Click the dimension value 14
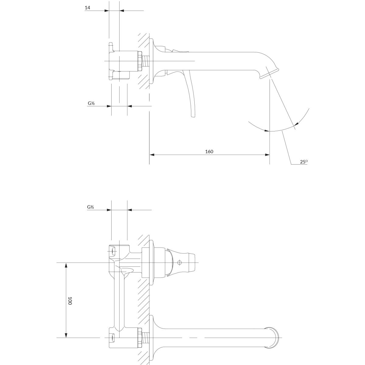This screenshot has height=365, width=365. point(87,8)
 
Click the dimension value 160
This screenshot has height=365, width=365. point(209,151)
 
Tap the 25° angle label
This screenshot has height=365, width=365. point(304,162)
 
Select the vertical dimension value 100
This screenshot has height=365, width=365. point(70,301)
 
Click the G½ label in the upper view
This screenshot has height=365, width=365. point(91,103)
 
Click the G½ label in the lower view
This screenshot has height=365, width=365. point(91,207)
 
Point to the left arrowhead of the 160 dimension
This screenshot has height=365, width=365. point(152,155)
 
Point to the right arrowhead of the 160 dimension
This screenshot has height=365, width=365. point(267,155)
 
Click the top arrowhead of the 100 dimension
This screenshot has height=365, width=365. point(66,265)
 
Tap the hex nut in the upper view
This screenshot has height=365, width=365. point(140,61)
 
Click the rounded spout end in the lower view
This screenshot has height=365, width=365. point(274,338)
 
